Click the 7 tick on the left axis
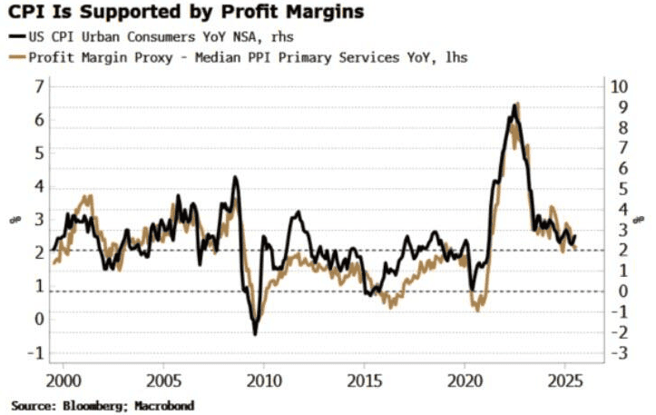[x=39, y=86]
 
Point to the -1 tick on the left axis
[x=36, y=352]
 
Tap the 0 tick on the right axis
[x=620, y=291]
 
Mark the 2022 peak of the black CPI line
[x=514, y=105]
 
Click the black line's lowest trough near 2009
[x=255, y=334]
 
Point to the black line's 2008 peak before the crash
[x=235, y=177]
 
